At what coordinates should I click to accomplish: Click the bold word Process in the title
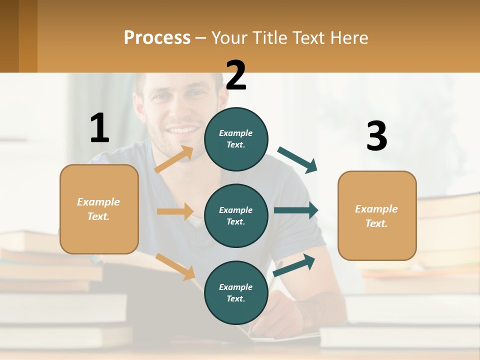tap(157, 38)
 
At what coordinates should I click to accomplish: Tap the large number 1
tap(99, 128)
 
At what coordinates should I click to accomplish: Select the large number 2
tap(236, 75)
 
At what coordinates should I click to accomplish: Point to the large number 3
tap(376, 136)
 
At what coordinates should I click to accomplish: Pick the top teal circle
tap(236, 139)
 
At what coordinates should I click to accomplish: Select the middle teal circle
tap(236, 215)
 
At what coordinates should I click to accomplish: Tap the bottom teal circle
tap(236, 292)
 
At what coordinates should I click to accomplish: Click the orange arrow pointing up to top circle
tap(174, 159)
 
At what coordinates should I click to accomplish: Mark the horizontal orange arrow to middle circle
tap(175, 211)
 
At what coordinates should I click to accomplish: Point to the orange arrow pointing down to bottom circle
tap(175, 266)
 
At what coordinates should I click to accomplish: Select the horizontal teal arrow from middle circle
tap(296, 210)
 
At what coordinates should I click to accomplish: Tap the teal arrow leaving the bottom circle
tap(294, 265)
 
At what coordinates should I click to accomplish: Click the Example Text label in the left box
tap(98, 209)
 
